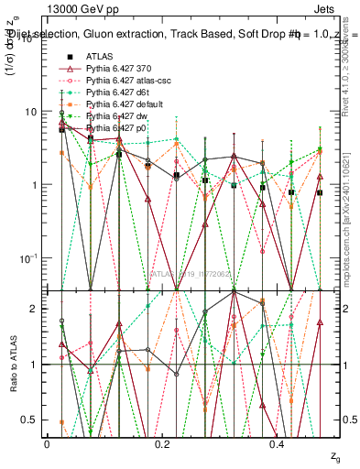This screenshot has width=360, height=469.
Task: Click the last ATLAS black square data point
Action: (320, 192)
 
